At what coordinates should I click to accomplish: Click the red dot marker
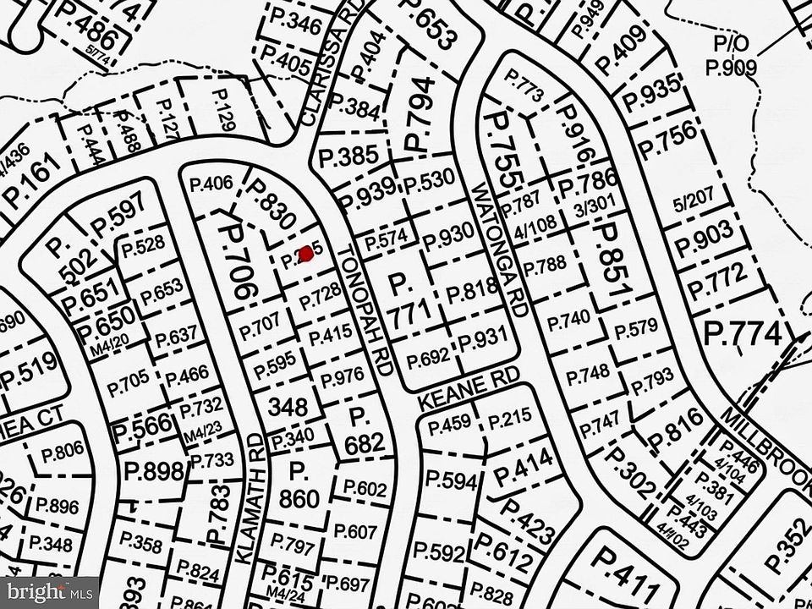coord(307,254)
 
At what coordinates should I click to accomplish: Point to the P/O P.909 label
coord(732,57)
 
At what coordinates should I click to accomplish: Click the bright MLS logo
coord(49,591)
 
